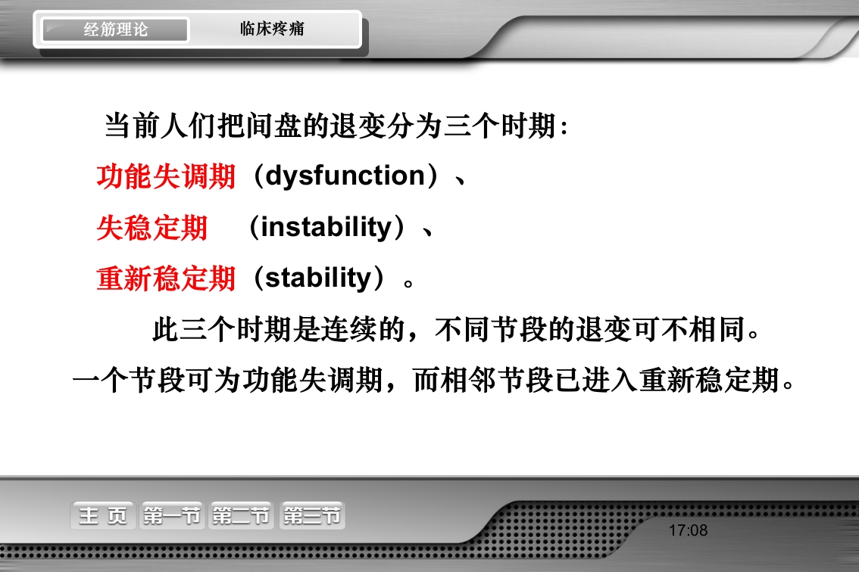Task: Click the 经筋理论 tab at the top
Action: point(115,30)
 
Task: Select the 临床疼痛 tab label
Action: point(272,30)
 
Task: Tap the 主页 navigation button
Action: point(103,516)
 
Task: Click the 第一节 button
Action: point(172,516)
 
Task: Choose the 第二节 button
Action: point(242,516)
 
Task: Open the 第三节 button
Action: point(312,516)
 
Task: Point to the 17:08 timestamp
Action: point(688,530)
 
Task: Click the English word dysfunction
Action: point(345,176)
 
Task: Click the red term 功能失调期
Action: point(166,176)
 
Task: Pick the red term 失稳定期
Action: point(151,227)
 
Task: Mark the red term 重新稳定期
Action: point(166,278)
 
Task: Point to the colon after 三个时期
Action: point(562,127)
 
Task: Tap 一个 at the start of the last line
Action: point(100,381)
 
